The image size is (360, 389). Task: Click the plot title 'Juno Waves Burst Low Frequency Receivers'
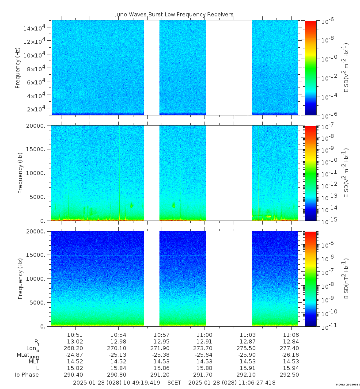[174, 15]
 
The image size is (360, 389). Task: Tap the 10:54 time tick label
[118, 335]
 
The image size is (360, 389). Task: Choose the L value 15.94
[291, 368]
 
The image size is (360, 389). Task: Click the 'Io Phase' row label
[27, 375]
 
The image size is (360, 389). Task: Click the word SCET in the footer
[174, 382]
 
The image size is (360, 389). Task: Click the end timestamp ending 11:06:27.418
[231, 382]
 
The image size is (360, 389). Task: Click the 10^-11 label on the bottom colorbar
[326, 327]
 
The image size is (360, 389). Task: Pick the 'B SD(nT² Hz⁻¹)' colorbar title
[347, 279]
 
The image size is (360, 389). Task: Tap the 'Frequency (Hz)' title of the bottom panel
[20, 278]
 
